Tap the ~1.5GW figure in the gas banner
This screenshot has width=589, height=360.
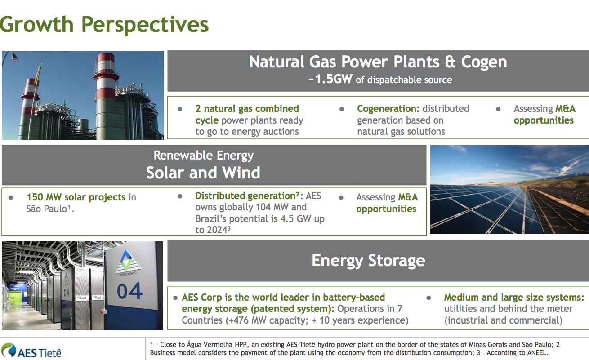click(330, 79)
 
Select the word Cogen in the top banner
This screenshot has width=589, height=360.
click(484, 62)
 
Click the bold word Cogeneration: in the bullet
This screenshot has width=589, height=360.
click(388, 109)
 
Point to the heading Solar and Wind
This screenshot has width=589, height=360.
click(203, 173)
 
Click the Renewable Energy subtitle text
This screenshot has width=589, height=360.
click(204, 156)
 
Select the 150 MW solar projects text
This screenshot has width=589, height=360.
click(76, 197)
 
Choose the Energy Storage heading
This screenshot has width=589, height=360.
click(368, 261)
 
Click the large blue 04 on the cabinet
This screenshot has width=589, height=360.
click(129, 291)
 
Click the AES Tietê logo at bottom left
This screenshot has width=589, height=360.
click(31, 351)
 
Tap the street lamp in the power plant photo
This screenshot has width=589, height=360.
click(10, 56)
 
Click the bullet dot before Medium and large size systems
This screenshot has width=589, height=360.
click(428, 298)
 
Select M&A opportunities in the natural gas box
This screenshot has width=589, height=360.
click(544, 115)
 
